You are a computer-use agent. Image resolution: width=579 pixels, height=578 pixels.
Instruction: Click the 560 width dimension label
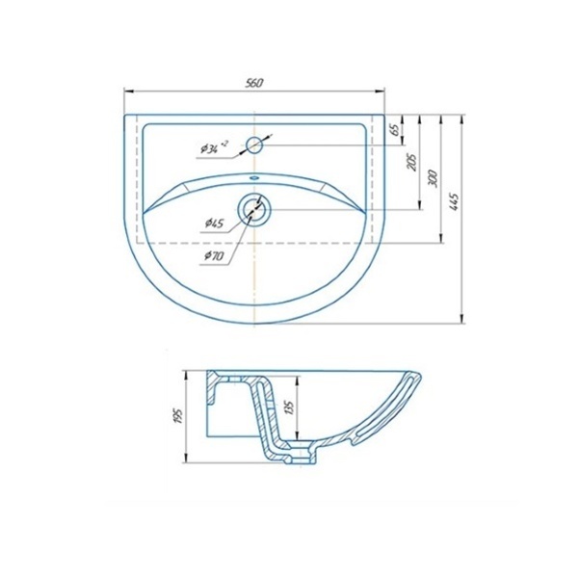click(x=254, y=83)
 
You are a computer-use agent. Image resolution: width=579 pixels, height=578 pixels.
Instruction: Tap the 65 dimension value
click(x=394, y=129)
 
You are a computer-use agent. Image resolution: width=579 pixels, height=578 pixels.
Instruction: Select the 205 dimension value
click(x=411, y=162)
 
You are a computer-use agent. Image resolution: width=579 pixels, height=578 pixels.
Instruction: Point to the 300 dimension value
click(x=433, y=179)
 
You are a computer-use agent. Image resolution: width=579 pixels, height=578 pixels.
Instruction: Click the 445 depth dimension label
click(x=454, y=201)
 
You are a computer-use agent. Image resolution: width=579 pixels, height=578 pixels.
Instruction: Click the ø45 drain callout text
click(x=214, y=223)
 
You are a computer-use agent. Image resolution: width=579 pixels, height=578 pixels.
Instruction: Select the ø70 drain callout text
click(x=214, y=255)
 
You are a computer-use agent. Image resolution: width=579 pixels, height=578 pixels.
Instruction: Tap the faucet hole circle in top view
click(x=254, y=144)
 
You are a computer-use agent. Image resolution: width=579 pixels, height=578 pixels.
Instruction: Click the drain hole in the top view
click(x=254, y=210)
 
